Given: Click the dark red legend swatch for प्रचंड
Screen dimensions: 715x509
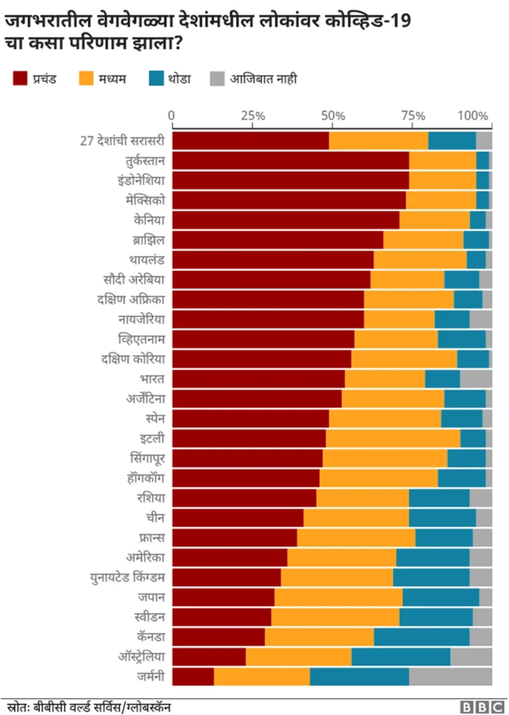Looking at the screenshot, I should pyautogui.click(x=21, y=79).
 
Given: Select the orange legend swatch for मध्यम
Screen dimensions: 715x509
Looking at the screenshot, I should pyautogui.click(x=88, y=79).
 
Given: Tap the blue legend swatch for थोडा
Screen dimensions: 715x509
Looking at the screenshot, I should pyautogui.click(x=156, y=79).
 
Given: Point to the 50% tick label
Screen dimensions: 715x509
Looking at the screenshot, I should pyautogui.click(x=332, y=115).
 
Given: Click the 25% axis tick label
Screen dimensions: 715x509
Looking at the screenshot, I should pyautogui.click(x=252, y=115).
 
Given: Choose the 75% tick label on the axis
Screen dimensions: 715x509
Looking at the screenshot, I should pyautogui.click(x=413, y=115).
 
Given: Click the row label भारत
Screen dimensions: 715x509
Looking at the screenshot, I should pyautogui.click(x=152, y=378).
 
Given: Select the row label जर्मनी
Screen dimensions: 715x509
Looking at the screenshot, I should pyautogui.click(x=150, y=676).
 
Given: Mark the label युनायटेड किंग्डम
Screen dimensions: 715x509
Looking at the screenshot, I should pyautogui.click(x=128, y=577).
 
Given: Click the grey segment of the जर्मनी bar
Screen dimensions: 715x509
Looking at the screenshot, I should pyautogui.click(x=450, y=676).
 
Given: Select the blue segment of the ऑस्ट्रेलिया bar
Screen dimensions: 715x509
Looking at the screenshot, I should pyautogui.click(x=401, y=657).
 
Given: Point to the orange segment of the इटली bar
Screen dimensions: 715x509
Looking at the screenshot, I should pyautogui.click(x=393, y=438).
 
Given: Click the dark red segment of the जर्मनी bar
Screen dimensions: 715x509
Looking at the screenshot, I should pyautogui.click(x=193, y=676).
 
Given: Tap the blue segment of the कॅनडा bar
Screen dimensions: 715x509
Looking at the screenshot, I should pyautogui.click(x=422, y=637).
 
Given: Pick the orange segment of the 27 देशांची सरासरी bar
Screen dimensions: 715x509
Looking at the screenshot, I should pyautogui.click(x=379, y=140).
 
